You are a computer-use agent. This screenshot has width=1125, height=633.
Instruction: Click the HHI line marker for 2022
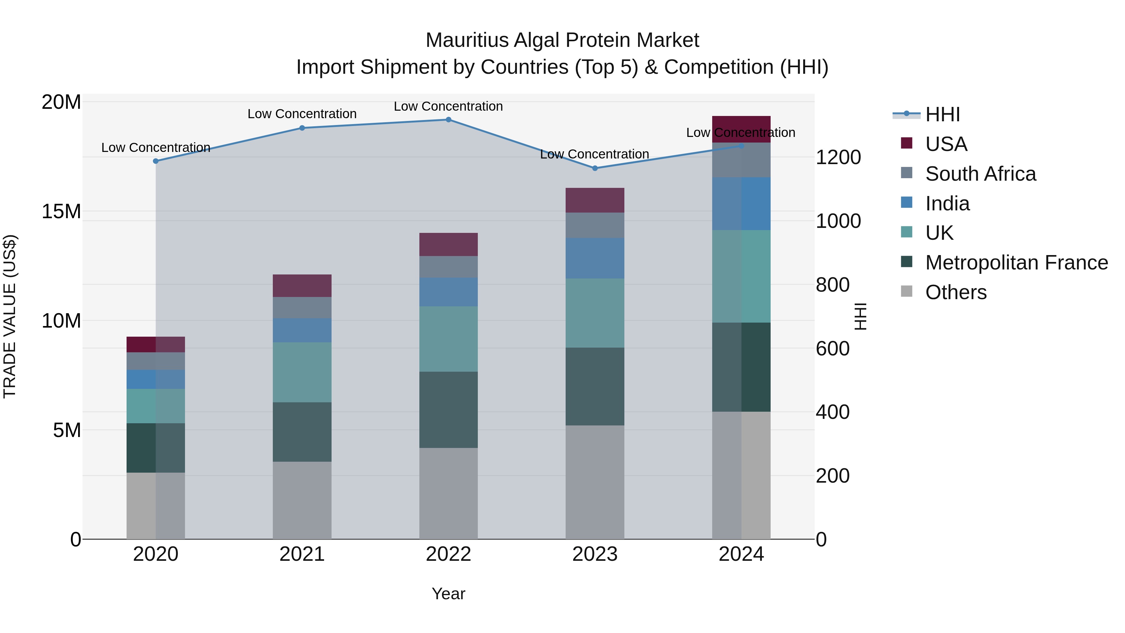click(448, 120)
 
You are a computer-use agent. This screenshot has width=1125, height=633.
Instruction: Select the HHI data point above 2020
click(156, 161)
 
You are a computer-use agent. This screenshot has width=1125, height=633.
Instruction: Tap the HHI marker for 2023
click(595, 168)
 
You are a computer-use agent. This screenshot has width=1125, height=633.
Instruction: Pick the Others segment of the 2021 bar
click(302, 500)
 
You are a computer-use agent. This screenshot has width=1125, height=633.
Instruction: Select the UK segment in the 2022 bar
click(448, 339)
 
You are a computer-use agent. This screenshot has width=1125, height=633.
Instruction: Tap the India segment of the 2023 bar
click(595, 258)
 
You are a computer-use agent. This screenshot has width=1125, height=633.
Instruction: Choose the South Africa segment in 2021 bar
click(302, 308)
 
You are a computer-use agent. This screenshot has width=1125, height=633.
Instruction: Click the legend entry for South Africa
click(980, 174)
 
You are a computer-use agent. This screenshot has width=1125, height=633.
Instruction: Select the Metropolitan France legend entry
click(1016, 263)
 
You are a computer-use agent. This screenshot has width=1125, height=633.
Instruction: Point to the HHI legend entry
click(942, 114)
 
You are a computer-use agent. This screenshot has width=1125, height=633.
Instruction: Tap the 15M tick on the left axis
click(61, 211)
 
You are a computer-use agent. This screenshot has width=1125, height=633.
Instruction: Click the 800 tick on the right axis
click(832, 285)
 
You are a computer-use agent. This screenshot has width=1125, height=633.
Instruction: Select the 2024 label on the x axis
click(741, 554)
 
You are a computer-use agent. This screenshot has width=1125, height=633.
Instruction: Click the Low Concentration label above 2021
click(302, 114)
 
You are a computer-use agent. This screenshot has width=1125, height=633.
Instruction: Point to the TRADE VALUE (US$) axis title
click(10, 316)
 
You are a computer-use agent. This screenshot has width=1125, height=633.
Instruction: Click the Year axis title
click(448, 594)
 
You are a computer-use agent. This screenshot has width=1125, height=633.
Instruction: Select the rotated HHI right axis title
click(860, 316)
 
